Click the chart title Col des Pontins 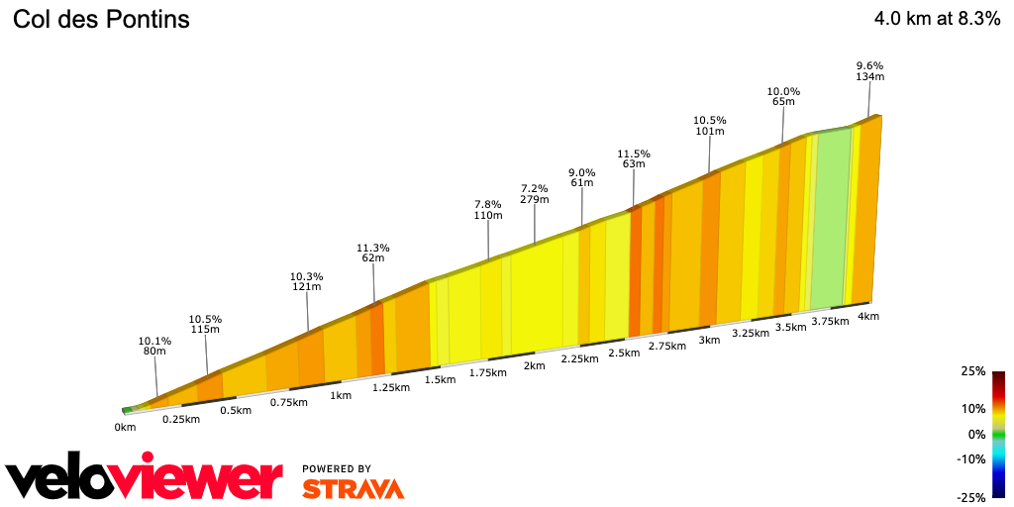[x=101, y=20]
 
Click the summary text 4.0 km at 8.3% [x=937, y=19]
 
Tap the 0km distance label [x=125, y=427]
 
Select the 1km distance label [x=341, y=395]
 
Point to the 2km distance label [x=534, y=365]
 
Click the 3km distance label [x=708, y=340]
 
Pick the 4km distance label [x=868, y=316]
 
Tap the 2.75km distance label [x=667, y=346]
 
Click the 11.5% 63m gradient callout [x=634, y=159]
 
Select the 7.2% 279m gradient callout [x=535, y=194]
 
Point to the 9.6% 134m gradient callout [x=869, y=71]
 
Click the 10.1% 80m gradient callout [x=154, y=347]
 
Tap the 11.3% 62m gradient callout [x=373, y=253]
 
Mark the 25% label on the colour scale [x=972, y=371]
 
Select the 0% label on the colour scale [x=976, y=434]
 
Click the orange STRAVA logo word [x=353, y=488]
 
